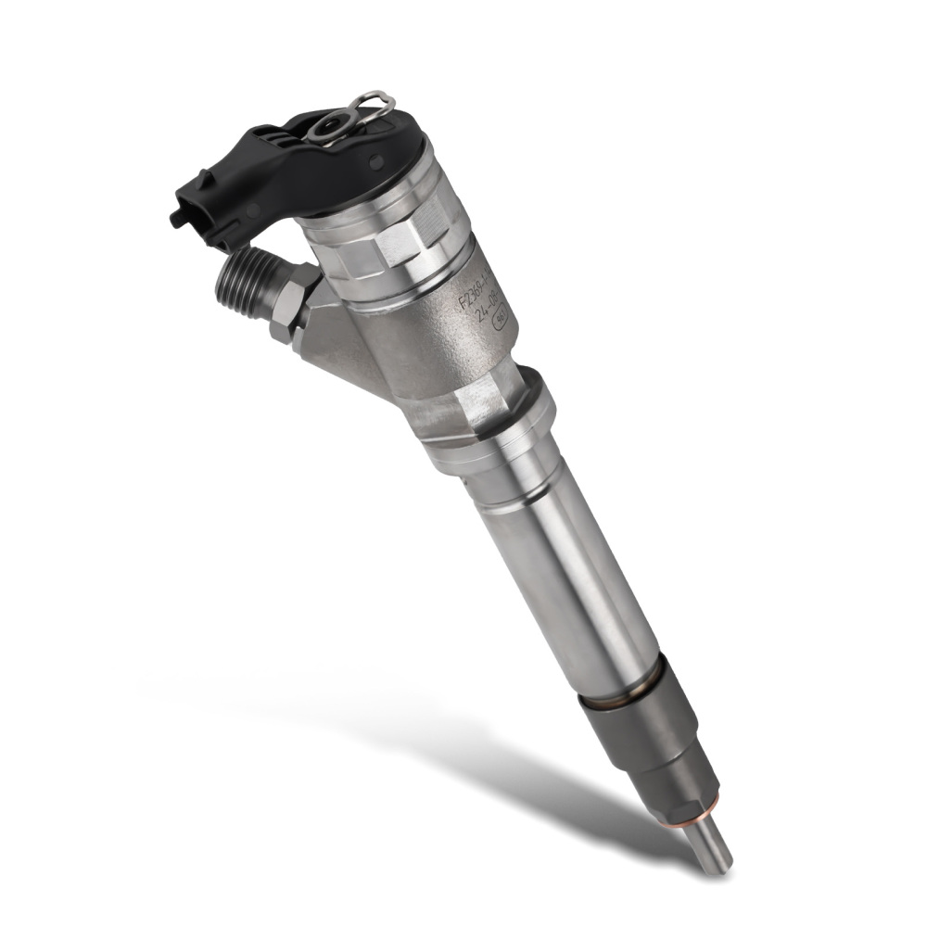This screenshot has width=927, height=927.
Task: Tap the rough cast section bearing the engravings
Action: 445,343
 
